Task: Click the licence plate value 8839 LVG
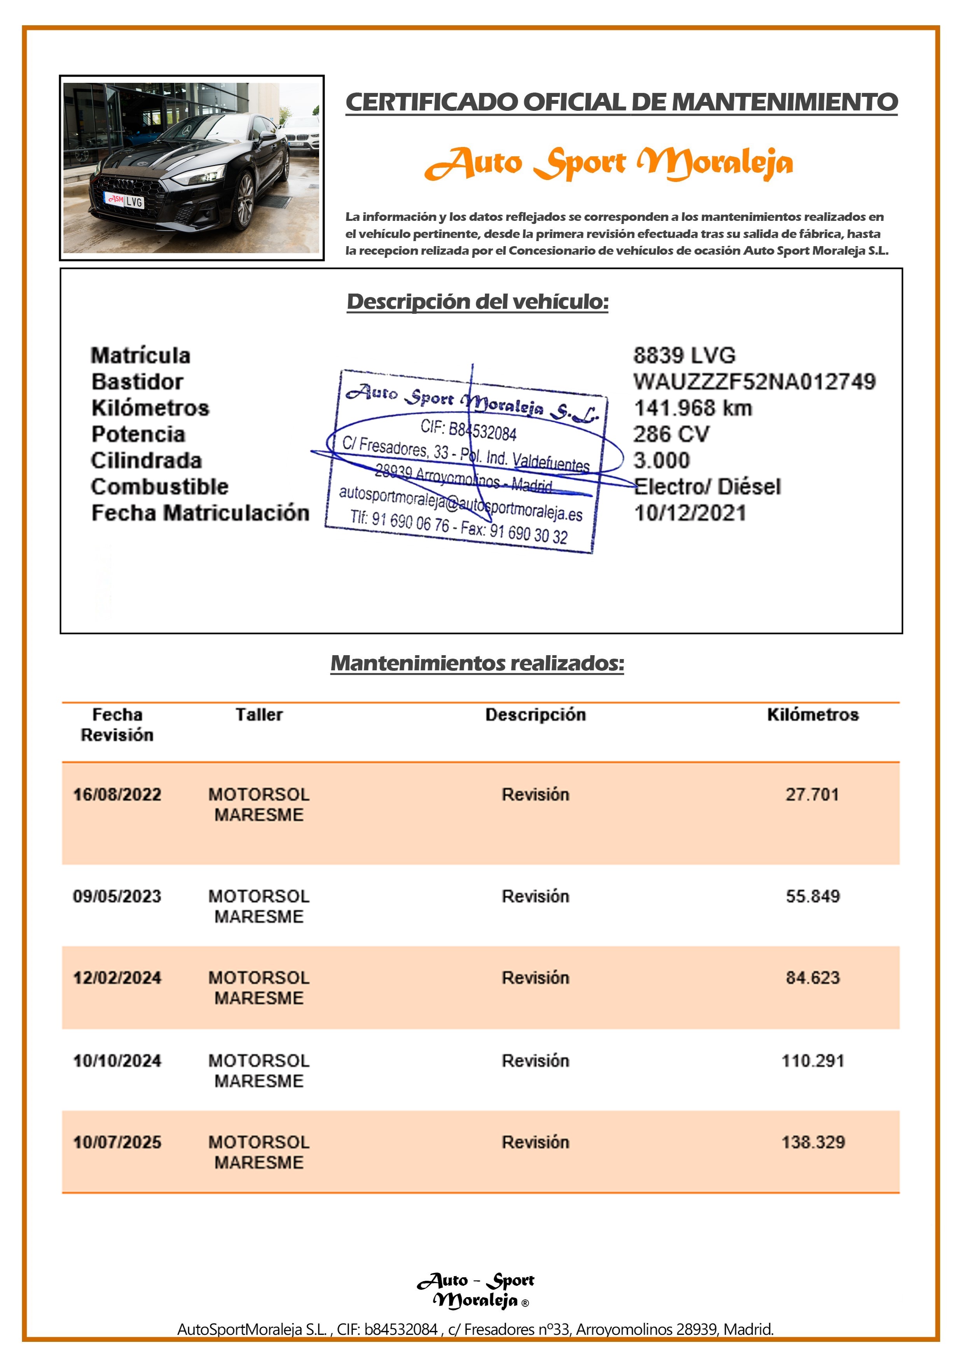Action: [684, 355]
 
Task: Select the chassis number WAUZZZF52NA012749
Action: [754, 381]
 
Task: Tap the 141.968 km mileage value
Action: [693, 408]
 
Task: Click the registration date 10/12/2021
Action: [690, 513]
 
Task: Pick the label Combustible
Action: [160, 486]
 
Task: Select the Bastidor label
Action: [137, 381]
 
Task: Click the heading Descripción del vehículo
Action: [478, 301]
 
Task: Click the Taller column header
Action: [259, 714]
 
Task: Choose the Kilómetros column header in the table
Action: [812, 714]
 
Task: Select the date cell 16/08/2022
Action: [117, 794]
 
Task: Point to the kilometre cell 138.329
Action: [812, 1142]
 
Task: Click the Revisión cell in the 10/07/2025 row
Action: [535, 1142]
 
